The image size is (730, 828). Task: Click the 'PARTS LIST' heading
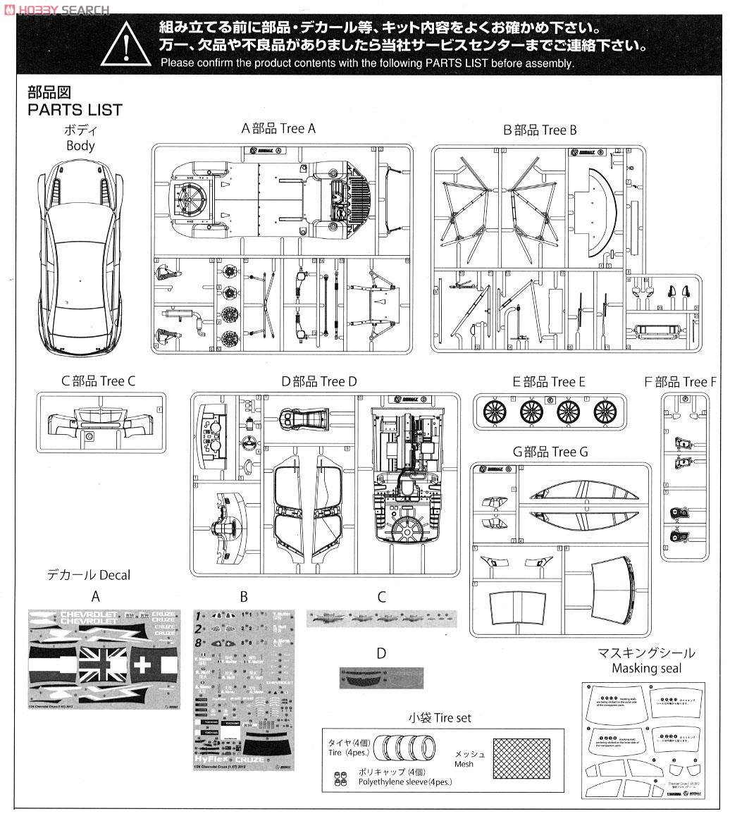(x=75, y=110)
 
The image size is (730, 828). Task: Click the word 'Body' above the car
(x=80, y=146)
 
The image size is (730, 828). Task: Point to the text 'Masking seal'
(x=645, y=669)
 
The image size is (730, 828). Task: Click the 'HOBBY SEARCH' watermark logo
(x=57, y=10)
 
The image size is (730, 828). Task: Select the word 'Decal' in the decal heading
(x=113, y=575)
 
